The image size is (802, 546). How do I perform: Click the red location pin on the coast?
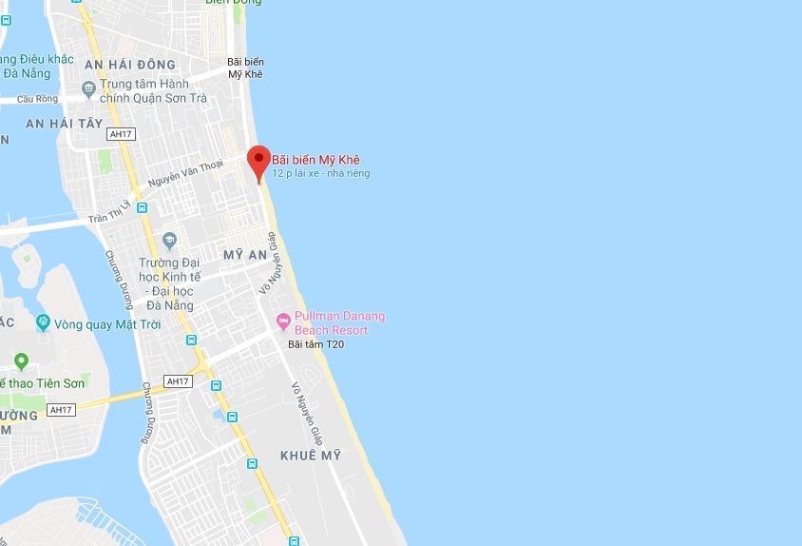(258, 160)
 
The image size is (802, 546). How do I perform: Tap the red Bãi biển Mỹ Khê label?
(315, 160)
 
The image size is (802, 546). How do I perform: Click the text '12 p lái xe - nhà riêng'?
(320, 174)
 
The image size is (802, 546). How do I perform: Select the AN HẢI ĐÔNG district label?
(130, 64)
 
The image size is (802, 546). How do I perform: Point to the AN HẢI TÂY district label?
(63, 124)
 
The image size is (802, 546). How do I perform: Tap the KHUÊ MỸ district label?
(310, 456)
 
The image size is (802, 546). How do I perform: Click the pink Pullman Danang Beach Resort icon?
(282, 319)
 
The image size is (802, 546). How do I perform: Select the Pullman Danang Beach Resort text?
(339, 322)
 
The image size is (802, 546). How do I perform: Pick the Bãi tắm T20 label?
(315, 344)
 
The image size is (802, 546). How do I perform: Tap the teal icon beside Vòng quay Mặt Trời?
(43, 323)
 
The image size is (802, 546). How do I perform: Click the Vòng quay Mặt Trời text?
(106, 324)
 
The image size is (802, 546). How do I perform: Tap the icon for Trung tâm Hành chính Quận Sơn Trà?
(88, 89)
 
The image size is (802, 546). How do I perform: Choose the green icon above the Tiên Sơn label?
(21, 361)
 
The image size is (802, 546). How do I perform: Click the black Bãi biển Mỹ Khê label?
(245, 68)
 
